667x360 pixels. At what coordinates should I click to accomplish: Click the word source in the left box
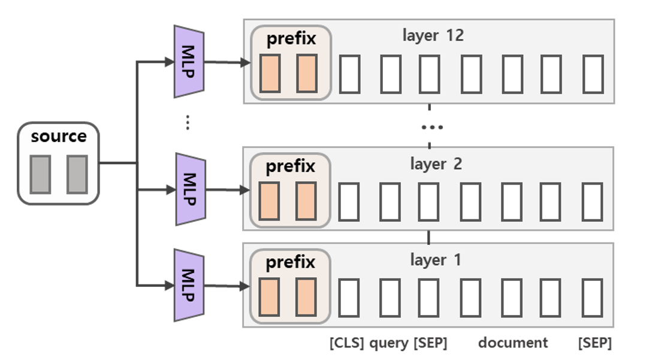click(x=59, y=137)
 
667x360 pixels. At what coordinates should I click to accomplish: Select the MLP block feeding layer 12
click(x=189, y=61)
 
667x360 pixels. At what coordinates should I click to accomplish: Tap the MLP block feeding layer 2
click(x=189, y=189)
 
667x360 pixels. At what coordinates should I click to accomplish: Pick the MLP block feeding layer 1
click(x=189, y=286)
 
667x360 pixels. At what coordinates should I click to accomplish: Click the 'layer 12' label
click(x=433, y=36)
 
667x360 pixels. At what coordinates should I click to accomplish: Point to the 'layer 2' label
click(x=436, y=164)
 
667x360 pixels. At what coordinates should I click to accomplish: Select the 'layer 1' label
click(x=436, y=261)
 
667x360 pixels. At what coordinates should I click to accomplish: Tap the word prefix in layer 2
click(x=290, y=166)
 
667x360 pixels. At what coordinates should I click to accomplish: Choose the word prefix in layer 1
click(x=290, y=262)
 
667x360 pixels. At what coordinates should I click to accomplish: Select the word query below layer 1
click(x=388, y=343)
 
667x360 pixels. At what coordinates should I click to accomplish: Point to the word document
click(x=513, y=343)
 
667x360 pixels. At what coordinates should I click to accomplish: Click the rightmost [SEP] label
click(x=594, y=343)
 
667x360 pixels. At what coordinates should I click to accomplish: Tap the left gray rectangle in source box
click(x=40, y=174)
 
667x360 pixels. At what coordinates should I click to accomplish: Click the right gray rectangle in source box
click(x=77, y=174)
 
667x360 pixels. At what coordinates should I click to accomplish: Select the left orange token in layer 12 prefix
click(x=270, y=74)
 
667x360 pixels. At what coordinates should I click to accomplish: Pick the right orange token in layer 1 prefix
click(x=306, y=297)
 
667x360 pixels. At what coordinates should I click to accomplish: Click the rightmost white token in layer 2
click(x=593, y=202)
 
